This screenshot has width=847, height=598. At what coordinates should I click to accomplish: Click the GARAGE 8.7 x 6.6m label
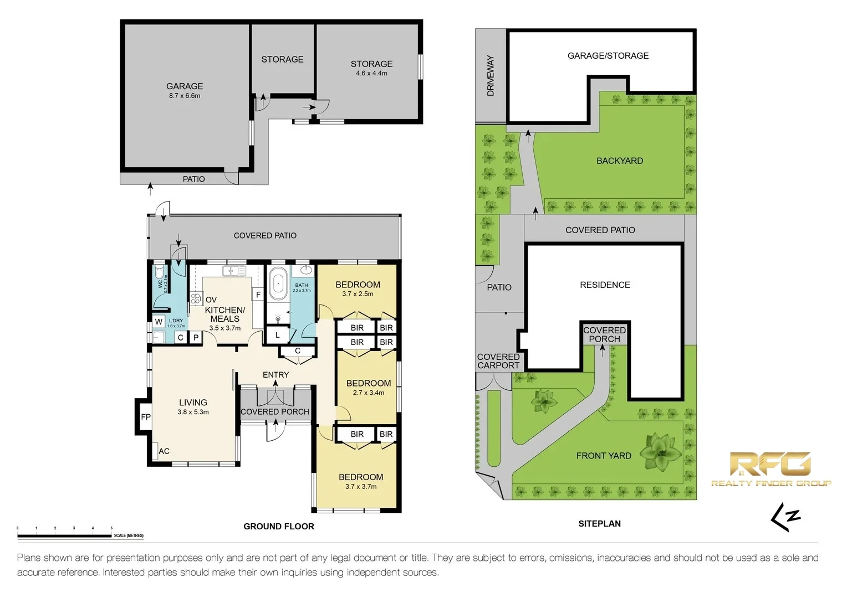click(x=185, y=90)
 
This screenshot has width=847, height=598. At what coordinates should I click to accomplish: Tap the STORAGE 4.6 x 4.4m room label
click(x=371, y=68)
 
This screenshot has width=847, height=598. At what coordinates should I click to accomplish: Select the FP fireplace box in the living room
click(x=145, y=417)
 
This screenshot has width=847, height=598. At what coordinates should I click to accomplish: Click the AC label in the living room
click(x=164, y=451)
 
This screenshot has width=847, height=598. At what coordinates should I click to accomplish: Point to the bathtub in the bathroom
click(x=278, y=284)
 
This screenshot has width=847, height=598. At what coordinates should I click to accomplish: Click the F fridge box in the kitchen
click(x=258, y=295)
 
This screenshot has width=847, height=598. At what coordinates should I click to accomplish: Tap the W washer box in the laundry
click(x=159, y=322)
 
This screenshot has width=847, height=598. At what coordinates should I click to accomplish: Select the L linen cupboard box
click(x=277, y=334)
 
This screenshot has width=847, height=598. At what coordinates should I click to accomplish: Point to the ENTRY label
click(x=275, y=375)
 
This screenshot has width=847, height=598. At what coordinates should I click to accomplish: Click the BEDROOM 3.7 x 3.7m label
click(x=361, y=481)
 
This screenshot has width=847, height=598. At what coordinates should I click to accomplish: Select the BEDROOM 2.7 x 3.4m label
click(x=369, y=387)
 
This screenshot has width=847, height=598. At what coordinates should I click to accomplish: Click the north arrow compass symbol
click(x=785, y=517)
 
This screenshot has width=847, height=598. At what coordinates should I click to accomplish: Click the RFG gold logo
click(x=771, y=468)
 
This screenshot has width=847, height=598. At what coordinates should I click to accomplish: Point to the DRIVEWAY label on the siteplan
click(x=491, y=76)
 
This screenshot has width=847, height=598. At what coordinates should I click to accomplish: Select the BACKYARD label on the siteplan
click(x=620, y=161)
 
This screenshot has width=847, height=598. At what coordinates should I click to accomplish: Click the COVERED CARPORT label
click(x=498, y=361)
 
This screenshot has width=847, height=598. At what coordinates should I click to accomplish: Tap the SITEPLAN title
click(x=599, y=523)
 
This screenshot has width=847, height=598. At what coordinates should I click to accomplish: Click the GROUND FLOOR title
click(x=279, y=526)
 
